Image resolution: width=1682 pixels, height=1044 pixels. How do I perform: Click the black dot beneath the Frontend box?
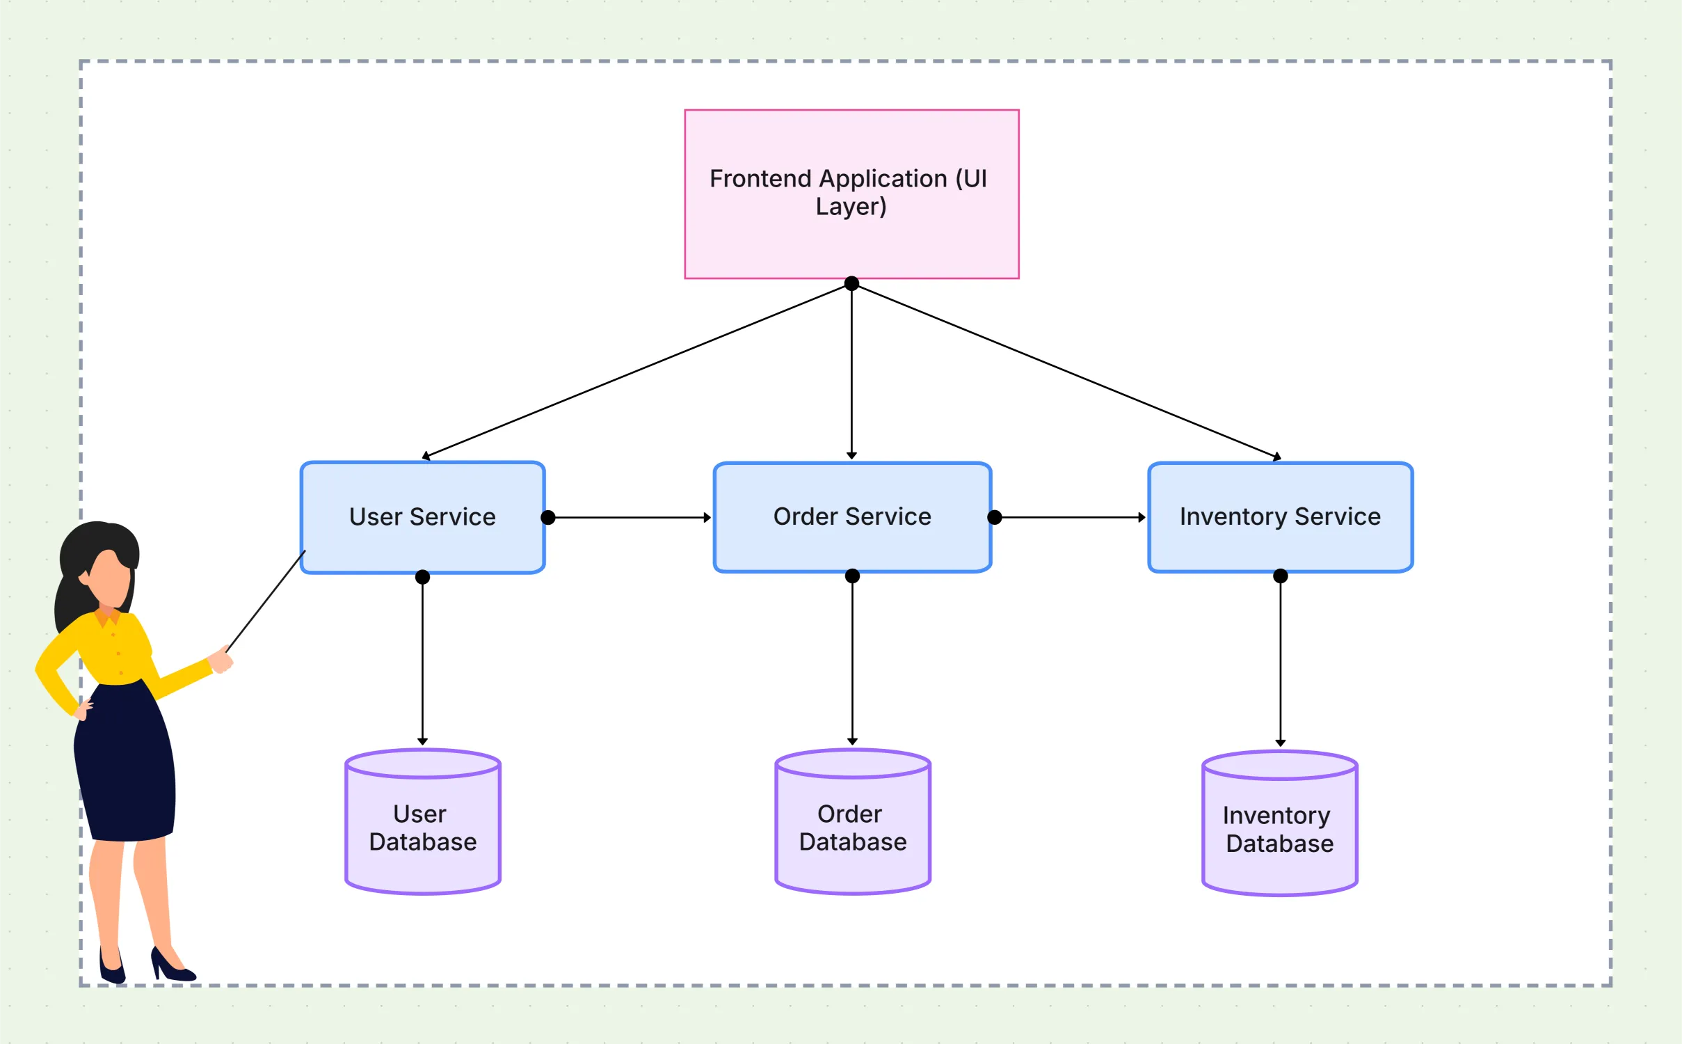851,283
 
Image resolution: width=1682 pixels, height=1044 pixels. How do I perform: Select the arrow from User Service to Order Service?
630,518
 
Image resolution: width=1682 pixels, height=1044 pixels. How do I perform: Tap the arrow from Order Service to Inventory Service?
1071,518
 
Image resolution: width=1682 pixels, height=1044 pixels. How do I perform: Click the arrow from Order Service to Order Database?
853,661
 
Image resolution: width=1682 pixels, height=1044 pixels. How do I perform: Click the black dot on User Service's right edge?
548,517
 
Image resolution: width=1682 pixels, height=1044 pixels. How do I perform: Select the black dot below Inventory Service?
1281,576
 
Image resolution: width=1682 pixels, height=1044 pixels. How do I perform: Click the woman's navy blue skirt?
125,766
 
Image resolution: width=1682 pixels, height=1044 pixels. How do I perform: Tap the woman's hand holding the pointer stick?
221,660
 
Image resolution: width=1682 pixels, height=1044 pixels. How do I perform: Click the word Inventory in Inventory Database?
1276,815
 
